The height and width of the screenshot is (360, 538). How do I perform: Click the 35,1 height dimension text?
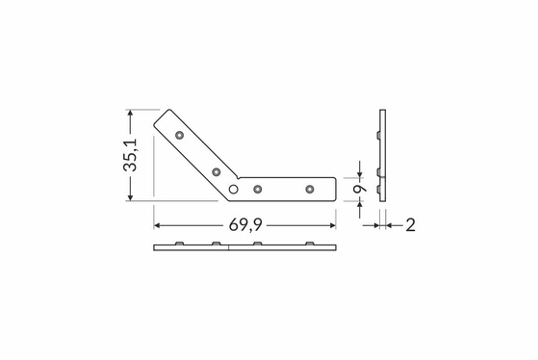point(130,155)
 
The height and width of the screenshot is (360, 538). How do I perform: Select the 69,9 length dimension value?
point(245,225)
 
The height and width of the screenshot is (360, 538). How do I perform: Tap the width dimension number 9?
point(360,189)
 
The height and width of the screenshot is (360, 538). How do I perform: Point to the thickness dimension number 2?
point(410,225)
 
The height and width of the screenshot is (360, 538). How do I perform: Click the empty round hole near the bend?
point(233,189)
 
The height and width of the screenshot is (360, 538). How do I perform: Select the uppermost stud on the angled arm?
point(179,135)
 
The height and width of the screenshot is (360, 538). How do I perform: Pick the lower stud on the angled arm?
point(217,172)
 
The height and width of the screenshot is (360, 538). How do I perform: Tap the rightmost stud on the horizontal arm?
point(310,189)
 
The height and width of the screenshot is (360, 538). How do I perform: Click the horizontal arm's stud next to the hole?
point(258,189)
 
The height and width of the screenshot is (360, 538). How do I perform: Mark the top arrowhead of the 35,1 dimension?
point(130,113)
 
